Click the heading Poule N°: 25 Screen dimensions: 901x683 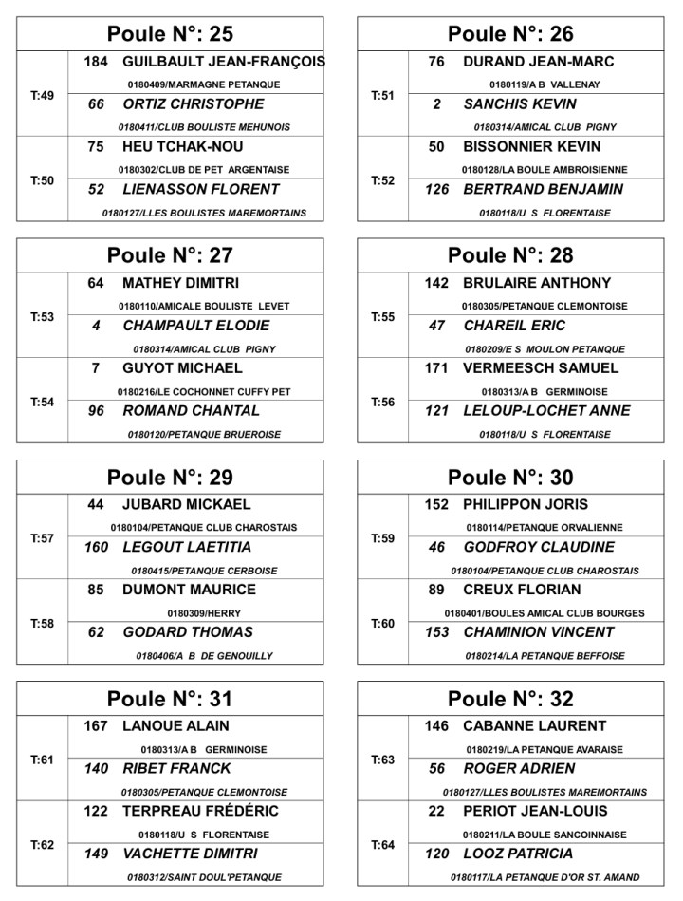point(170,34)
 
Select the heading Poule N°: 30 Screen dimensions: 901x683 point(510,478)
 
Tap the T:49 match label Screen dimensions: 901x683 point(43,95)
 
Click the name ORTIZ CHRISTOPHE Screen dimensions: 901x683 point(194,104)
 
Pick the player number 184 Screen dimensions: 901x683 point(96,62)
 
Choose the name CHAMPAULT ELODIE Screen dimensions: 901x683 point(196,326)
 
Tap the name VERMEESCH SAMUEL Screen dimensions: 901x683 point(541,368)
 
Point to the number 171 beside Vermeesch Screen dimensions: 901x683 point(436,368)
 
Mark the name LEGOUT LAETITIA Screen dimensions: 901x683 point(187,548)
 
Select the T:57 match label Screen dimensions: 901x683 point(43,538)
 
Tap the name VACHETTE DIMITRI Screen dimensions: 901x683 point(190,854)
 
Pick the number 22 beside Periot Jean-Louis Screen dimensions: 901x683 point(436,812)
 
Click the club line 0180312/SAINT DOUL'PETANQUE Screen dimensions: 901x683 point(204,877)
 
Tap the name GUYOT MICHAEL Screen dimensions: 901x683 point(182,368)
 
